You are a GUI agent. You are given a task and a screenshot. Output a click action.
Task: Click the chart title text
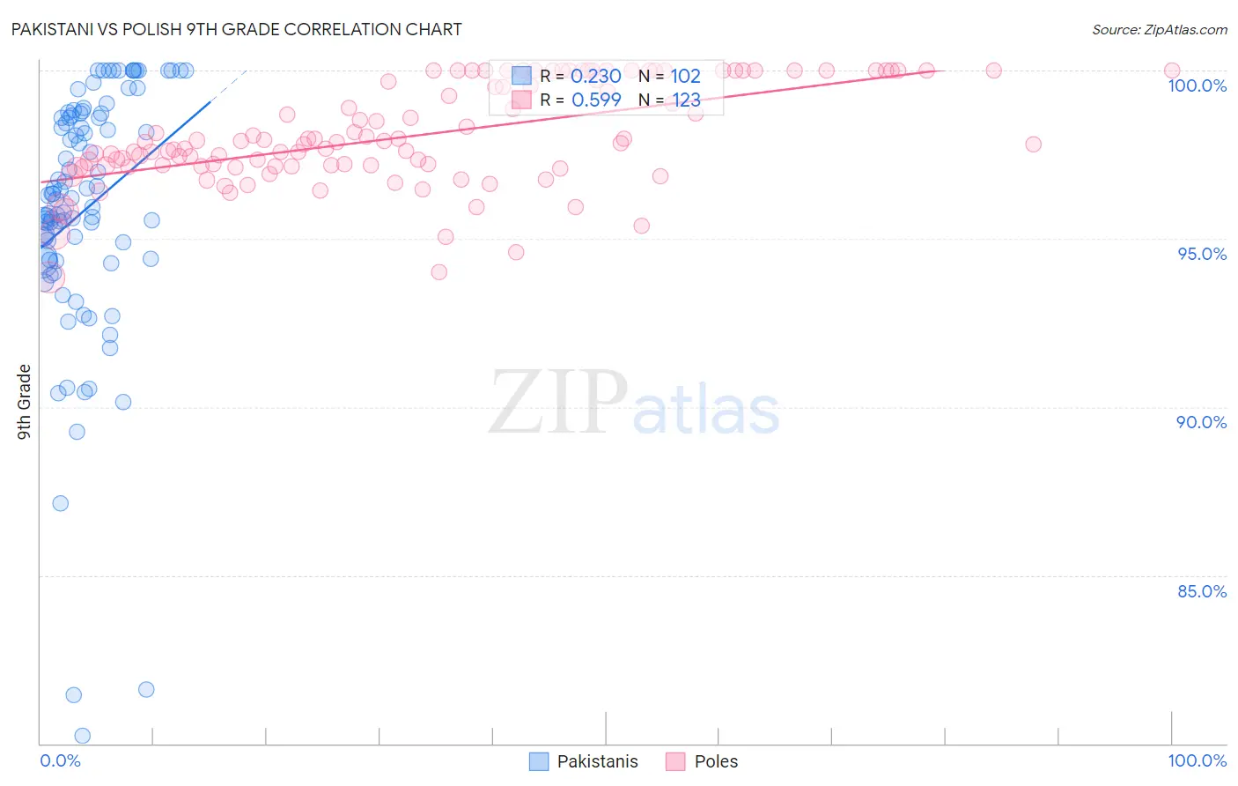pyautogui.click(x=236, y=29)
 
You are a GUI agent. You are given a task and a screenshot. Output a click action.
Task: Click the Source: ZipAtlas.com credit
pyautogui.click(x=1159, y=29)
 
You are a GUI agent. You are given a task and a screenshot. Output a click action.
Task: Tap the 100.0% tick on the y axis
pyautogui.click(x=1197, y=85)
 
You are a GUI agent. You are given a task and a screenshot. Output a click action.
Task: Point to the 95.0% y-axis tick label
pyautogui.click(x=1202, y=254)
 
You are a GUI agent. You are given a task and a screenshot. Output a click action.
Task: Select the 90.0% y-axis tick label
pyautogui.click(x=1201, y=422)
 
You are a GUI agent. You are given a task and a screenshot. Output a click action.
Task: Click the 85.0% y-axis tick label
pyautogui.click(x=1201, y=591)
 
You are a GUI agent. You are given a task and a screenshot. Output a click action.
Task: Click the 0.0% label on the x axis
pyautogui.click(x=60, y=760)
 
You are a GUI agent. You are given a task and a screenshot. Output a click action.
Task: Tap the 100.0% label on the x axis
pyautogui.click(x=1197, y=760)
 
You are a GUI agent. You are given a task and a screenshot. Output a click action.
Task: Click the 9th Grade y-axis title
pyautogui.click(x=25, y=401)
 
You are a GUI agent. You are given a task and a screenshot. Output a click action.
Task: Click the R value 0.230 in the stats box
pyautogui.click(x=596, y=77)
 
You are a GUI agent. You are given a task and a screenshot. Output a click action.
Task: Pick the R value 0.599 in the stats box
pyautogui.click(x=596, y=100)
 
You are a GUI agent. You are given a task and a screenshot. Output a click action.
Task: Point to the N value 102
pyautogui.click(x=685, y=77)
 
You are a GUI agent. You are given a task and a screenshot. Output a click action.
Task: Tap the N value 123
pyautogui.click(x=685, y=100)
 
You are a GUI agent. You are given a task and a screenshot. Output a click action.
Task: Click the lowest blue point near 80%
pyautogui.click(x=83, y=735)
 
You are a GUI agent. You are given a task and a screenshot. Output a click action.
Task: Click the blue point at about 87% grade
pyautogui.click(x=61, y=503)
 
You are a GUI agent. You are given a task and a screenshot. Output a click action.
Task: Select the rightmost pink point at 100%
pyautogui.click(x=1172, y=70)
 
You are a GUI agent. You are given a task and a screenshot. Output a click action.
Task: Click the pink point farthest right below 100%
pyautogui.click(x=1034, y=144)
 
